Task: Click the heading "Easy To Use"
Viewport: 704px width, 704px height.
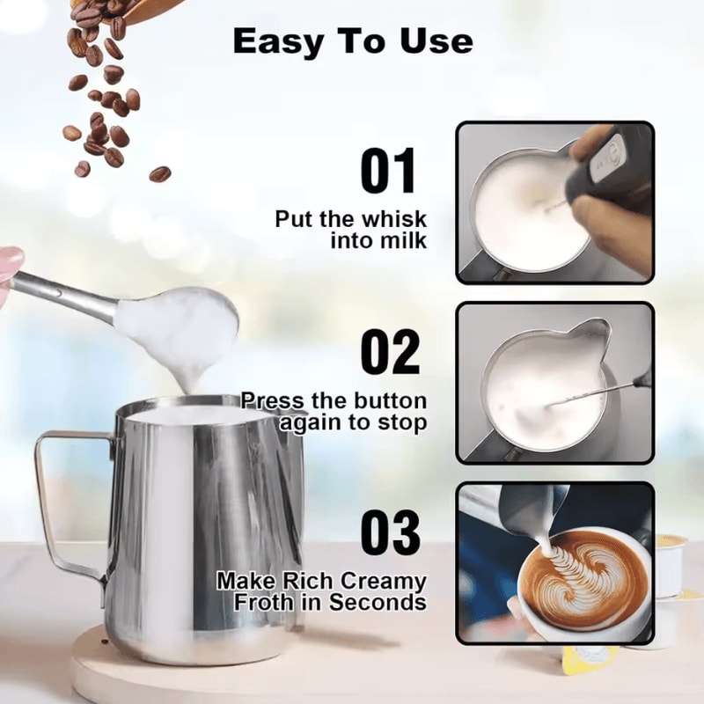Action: click(353, 41)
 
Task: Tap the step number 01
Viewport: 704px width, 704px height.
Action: click(388, 172)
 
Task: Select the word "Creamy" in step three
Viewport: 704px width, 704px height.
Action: click(385, 582)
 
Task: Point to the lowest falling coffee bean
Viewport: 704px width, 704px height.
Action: click(159, 173)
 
